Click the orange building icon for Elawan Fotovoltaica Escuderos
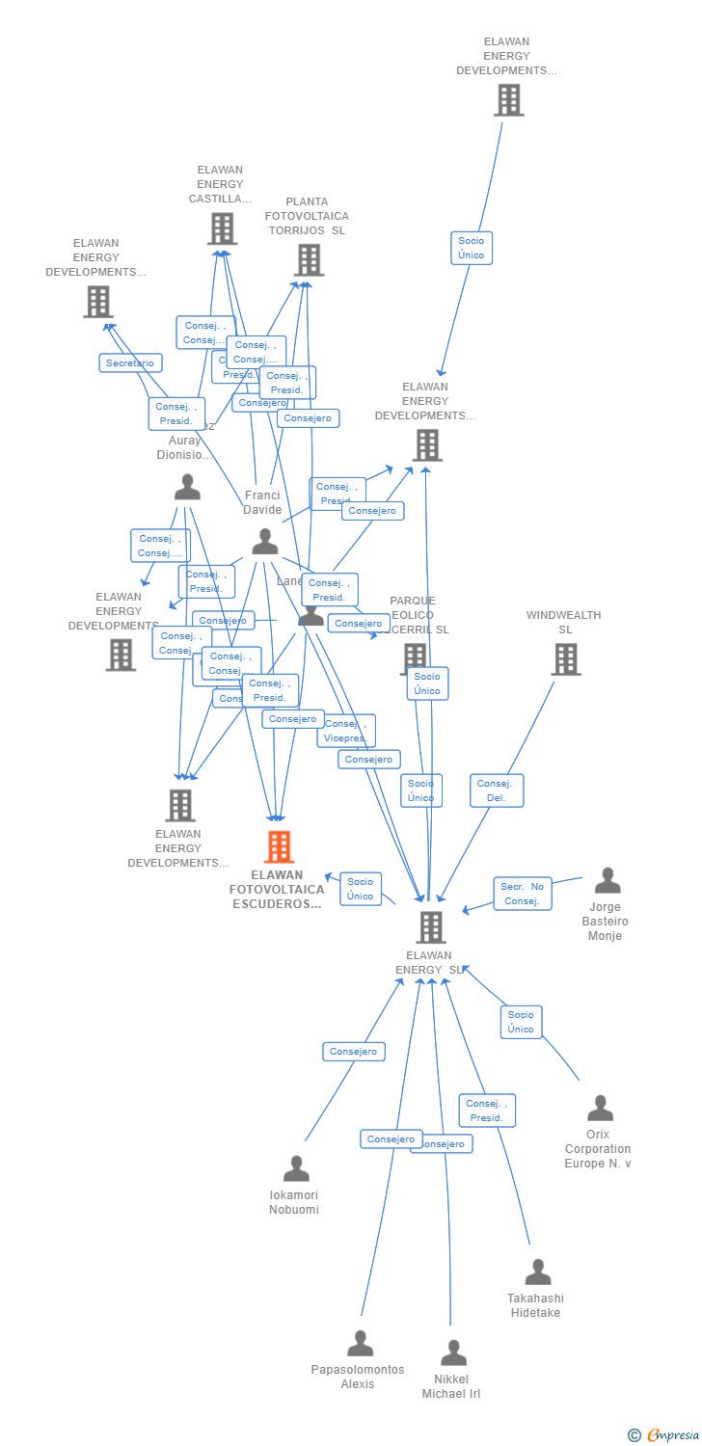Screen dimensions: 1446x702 click(279, 847)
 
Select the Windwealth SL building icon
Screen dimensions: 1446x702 click(565, 659)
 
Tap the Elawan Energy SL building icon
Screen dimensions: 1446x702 click(430, 927)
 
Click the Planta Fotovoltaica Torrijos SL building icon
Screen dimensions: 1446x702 click(309, 260)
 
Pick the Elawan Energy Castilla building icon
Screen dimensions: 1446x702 click(222, 229)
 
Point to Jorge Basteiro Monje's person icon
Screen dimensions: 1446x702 click(607, 881)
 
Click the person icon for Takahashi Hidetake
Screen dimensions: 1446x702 click(537, 1272)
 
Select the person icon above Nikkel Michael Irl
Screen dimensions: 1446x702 click(453, 1353)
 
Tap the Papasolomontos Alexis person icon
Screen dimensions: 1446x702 click(360, 1344)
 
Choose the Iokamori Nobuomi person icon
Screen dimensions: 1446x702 click(296, 1169)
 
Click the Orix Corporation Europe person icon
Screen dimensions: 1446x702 click(600, 1109)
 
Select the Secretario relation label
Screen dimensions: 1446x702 click(130, 363)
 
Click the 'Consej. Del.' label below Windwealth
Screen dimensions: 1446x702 click(497, 790)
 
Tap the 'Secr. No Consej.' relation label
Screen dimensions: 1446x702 click(523, 894)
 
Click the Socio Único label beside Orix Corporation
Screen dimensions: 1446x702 click(521, 1022)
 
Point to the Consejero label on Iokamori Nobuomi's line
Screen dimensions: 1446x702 click(354, 1052)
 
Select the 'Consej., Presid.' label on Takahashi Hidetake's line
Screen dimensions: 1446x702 click(487, 1111)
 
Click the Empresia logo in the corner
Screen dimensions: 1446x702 click(664, 1435)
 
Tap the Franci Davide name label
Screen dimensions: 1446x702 click(262, 503)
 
